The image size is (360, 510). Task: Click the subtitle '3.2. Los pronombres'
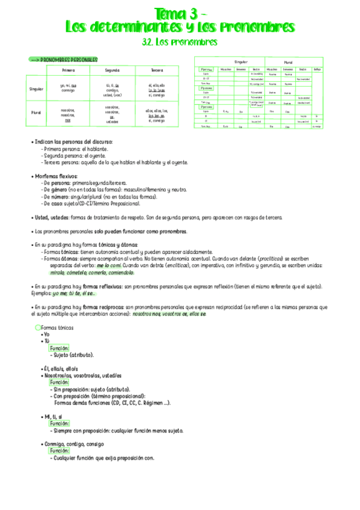(x=180, y=42)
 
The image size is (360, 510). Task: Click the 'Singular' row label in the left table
(x=37, y=89)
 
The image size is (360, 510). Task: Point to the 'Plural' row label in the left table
(x=37, y=112)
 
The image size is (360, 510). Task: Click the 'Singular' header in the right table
(x=241, y=62)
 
